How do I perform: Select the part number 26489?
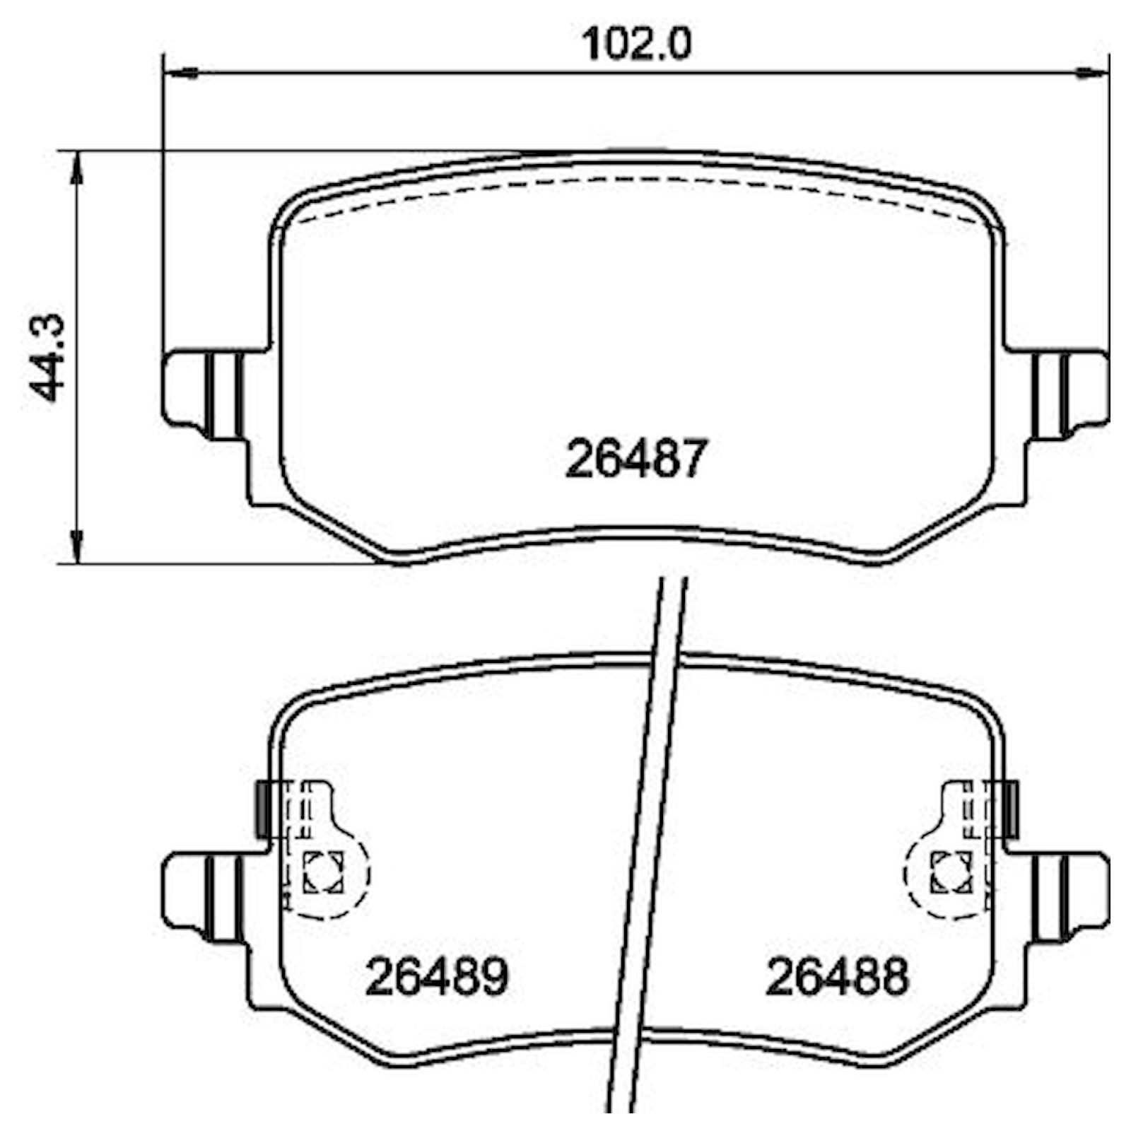pyautogui.click(x=436, y=976)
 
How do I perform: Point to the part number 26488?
pyautogui.click(x=836, y=976)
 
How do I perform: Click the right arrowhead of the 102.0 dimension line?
pyautogui.click(x=1093, y=72)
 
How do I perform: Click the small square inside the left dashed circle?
pyautogui.click(x=323, y=871)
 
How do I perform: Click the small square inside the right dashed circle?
pyautogui.click(x=951, y=871)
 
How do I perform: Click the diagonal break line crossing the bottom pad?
pyautogui.click(x=647, y=848)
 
